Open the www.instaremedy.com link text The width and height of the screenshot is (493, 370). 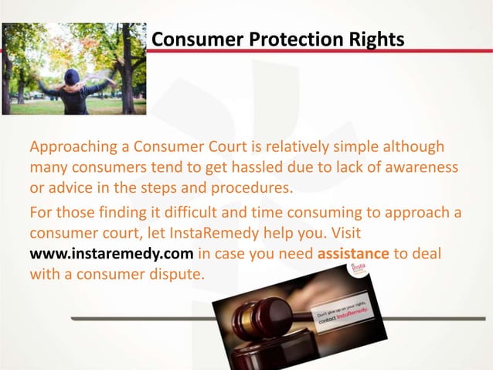[111, 252]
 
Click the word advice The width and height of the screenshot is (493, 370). [70, 188]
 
